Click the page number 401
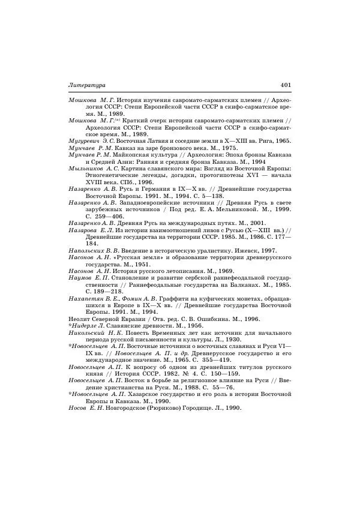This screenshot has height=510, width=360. (286, 85)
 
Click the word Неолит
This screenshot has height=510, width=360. (80, 319)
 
